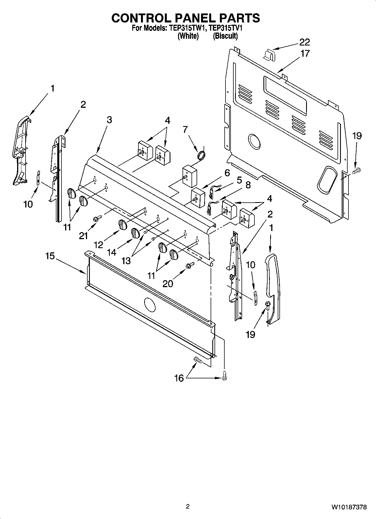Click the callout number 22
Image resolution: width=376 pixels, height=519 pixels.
[x=304, y=42]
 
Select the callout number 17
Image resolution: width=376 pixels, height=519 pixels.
[x=305, y=53]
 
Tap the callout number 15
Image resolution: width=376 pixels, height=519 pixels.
[x=50, y=256]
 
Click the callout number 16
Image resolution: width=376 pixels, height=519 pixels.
[x=179, y=378]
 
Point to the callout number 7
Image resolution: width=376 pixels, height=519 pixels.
[x=185, y=130]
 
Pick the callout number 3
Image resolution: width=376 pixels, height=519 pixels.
[x=109, y=120]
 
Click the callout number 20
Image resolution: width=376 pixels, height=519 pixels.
[x=168, y=283]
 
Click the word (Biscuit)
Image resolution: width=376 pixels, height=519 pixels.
[x=225, y=36]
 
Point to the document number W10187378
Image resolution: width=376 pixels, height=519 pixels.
[x=349, y=507]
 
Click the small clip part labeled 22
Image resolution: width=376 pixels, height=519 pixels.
[x=270, y=54]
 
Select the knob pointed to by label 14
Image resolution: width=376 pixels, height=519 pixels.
[x=135, y=233]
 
